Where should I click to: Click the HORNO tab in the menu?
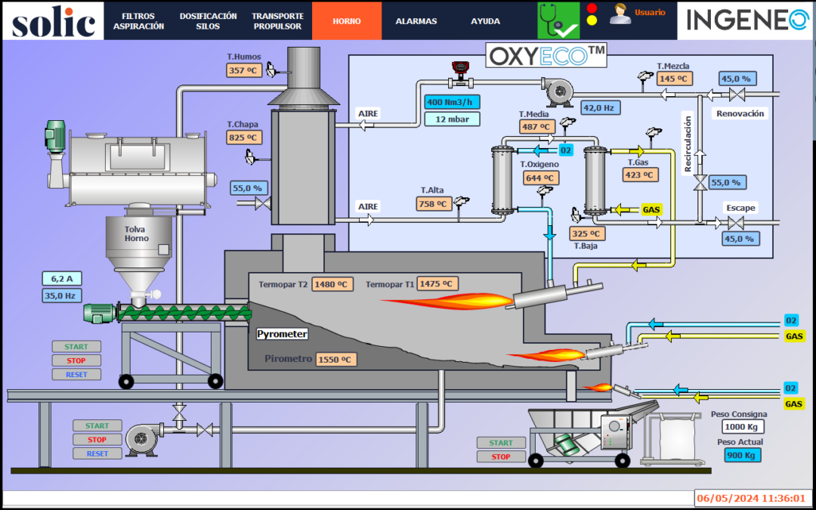[x=347, y=21]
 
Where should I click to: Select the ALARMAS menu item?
[x=416, y=21]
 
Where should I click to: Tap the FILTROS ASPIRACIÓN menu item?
[x=138, y=21]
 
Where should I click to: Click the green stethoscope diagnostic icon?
[x=558, y=20]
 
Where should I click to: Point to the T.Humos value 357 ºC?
[x=243, y=70]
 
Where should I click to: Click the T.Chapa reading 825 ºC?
[x=243, y=138]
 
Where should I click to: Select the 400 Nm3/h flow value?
[x=452, y=102]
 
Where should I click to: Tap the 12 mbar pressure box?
[x=452, y=119]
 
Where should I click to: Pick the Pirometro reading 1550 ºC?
[x=335, y=360]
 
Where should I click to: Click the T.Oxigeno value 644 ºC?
[x=542, y=178]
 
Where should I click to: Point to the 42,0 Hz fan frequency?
[x=600, y=107]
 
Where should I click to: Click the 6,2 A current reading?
[x=62, y=278]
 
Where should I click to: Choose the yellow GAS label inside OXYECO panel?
[x=651, y=209]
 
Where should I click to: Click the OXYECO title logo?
[x=546, y=56]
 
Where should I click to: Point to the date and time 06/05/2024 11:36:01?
[x=753, y=498]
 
